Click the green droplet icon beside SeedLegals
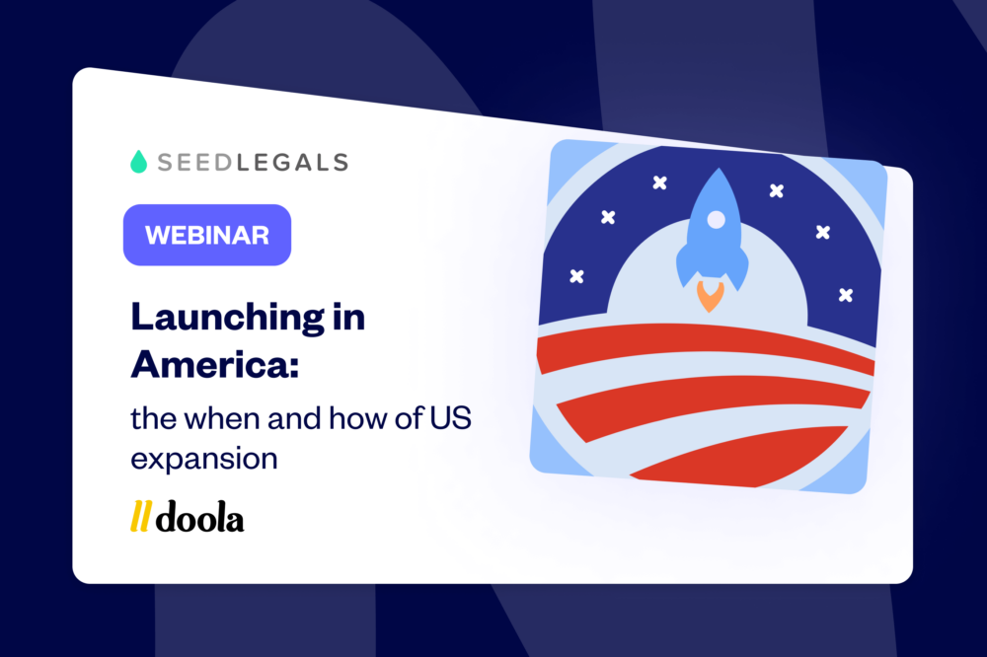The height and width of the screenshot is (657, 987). [x=139, y=162]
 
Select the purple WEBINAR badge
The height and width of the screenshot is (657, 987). [x=206, y=235]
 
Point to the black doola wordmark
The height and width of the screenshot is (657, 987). [x=199, y=516]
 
